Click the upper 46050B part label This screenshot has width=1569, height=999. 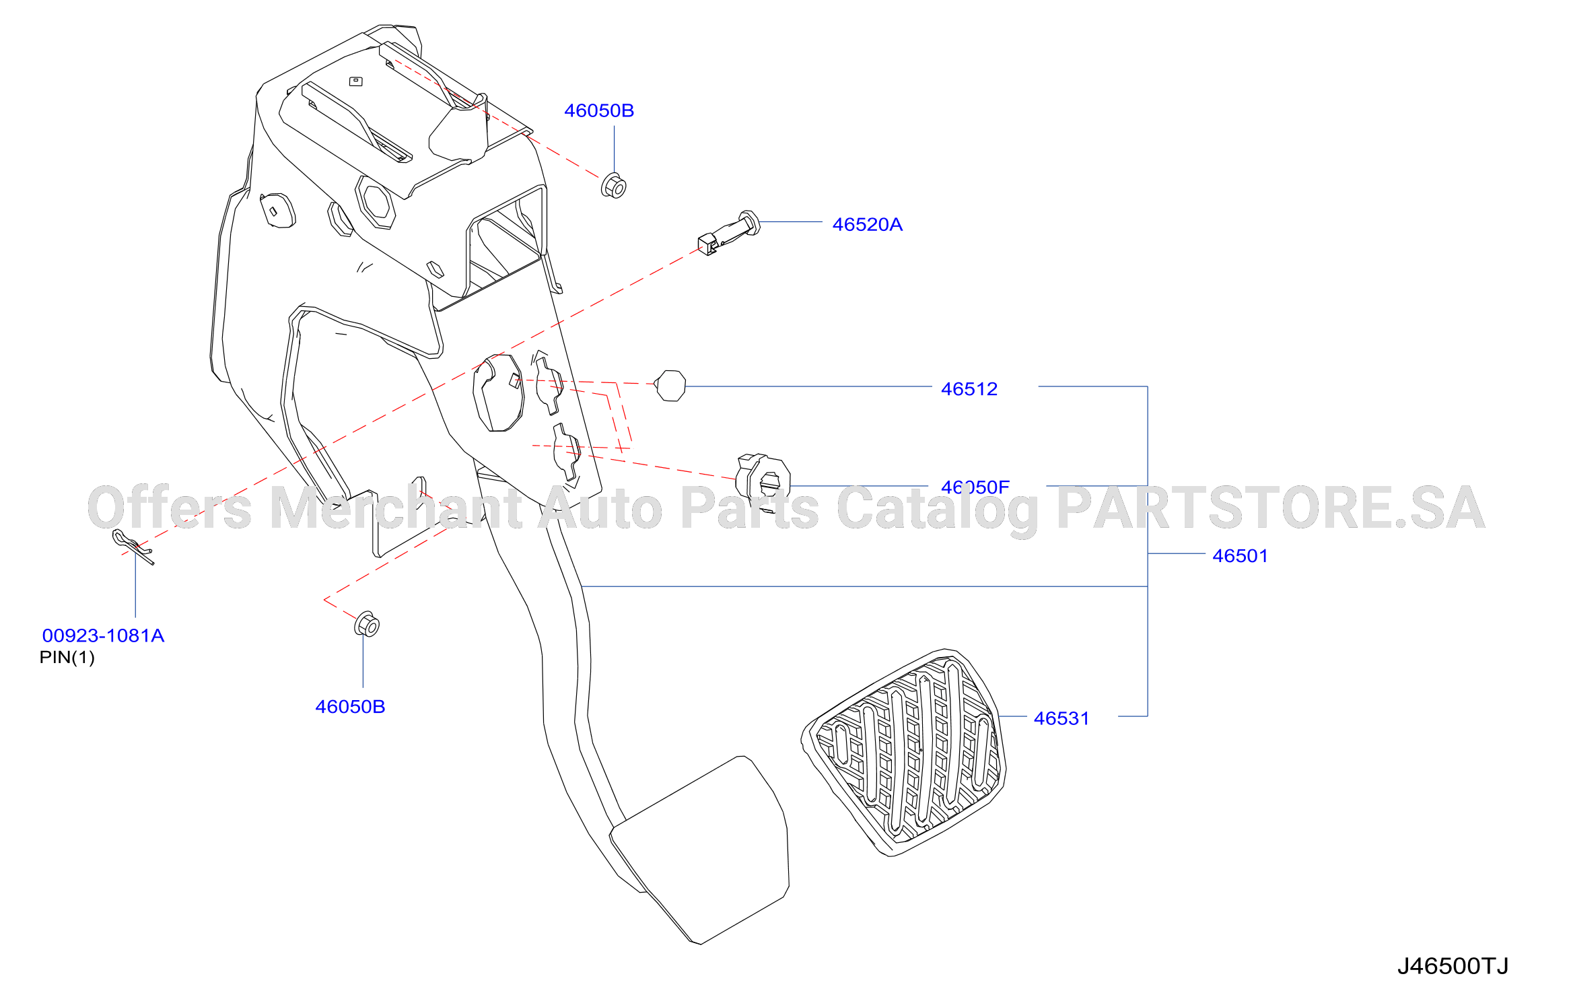coord(599,110)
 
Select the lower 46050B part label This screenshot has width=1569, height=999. coord(350,707)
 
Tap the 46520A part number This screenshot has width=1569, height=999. coord(867,224)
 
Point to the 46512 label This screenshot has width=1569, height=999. coord(969,389)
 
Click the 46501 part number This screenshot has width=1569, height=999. coord(1240,556)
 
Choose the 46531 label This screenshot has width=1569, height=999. coord(1061,718)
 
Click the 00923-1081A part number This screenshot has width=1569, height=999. coord(103,635)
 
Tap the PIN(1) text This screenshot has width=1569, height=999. coord(67,657)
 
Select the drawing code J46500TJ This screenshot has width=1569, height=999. coord(1453,966)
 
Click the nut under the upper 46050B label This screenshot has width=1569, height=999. coord(613,186)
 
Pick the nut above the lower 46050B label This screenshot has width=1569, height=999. coord(367,625)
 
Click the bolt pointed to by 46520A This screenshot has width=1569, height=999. coord(730,232)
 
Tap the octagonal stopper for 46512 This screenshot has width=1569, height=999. coord(670,386)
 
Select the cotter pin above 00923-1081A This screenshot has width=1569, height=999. coord(133,546)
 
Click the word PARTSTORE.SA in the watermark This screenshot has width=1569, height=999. coord(1271,508)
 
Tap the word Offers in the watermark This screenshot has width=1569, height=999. coord(170,508)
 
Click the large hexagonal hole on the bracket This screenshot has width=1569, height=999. coord(375,202)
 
